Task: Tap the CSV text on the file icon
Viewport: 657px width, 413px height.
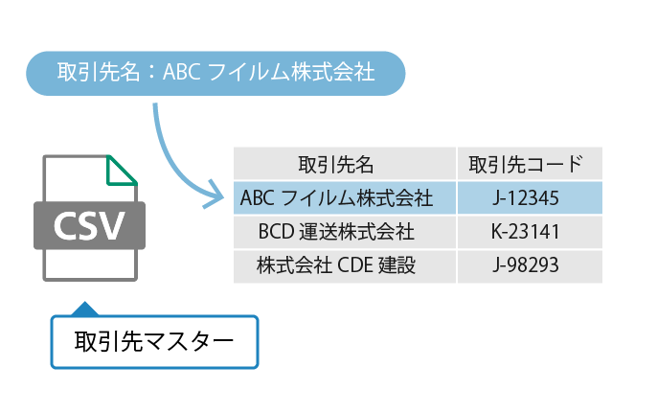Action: pyautogui.click(x=89, y=225)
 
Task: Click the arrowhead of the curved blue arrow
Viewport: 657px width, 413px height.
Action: pyautogui.click(x=213, y=198)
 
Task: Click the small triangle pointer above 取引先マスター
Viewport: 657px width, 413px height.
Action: pyautogui.click(x=85, y=309)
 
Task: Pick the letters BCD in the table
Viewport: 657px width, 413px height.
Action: pyautogui.click(x=276, y=232)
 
